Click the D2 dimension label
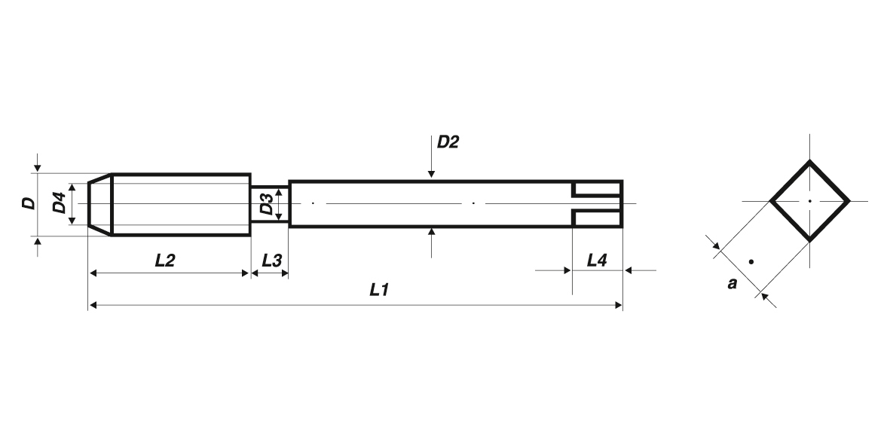(448, 142)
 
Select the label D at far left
(28, 203)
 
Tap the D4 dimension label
(59, 203)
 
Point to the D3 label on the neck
(266, 204)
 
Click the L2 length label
(164, 261)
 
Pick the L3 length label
(271, 261)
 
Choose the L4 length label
(596, 261)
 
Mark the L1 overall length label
(378, 290)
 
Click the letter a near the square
(731, 285)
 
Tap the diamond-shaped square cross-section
(809, 201)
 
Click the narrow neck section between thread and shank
(270, 204)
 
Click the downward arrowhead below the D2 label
(431, 174)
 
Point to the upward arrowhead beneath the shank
(431, 233)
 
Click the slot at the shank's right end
(596, 204)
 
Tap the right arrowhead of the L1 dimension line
(619, 305)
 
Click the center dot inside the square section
(809, 201)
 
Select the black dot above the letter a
(751, 262)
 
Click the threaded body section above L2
(181, 204)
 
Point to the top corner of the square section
(809, 162)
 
